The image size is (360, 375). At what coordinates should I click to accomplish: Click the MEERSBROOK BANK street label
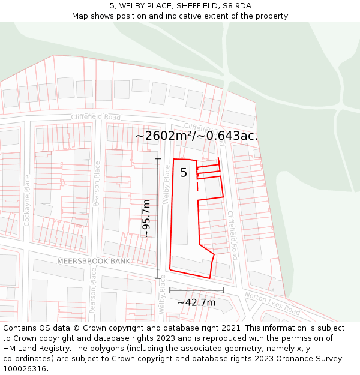94,261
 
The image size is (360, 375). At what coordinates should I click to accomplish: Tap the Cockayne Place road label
27,200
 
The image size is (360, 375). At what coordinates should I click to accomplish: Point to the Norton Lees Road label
272,304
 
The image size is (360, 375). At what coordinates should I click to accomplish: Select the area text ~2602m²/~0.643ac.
196,136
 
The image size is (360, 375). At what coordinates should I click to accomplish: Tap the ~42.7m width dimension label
196,302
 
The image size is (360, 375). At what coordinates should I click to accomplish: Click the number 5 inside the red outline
184,173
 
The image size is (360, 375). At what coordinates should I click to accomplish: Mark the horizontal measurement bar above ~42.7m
196,290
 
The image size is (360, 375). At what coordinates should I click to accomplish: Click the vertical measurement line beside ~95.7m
158,218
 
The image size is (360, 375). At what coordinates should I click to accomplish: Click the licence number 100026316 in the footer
26,368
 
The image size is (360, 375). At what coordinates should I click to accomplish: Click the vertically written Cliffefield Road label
233,235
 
